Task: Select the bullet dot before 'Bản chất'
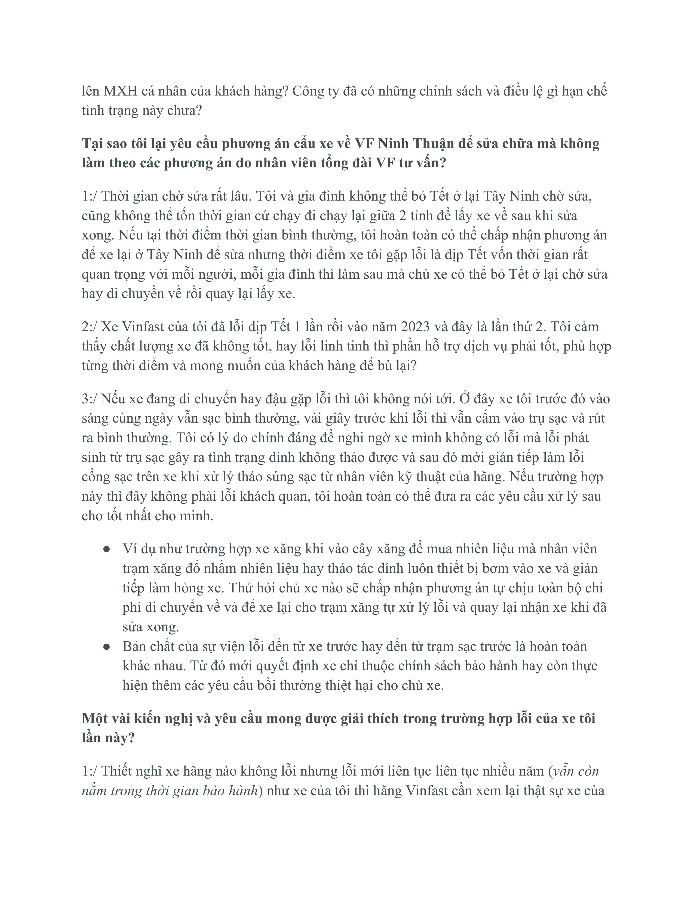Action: pyautogui.click(x=106, y=647)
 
